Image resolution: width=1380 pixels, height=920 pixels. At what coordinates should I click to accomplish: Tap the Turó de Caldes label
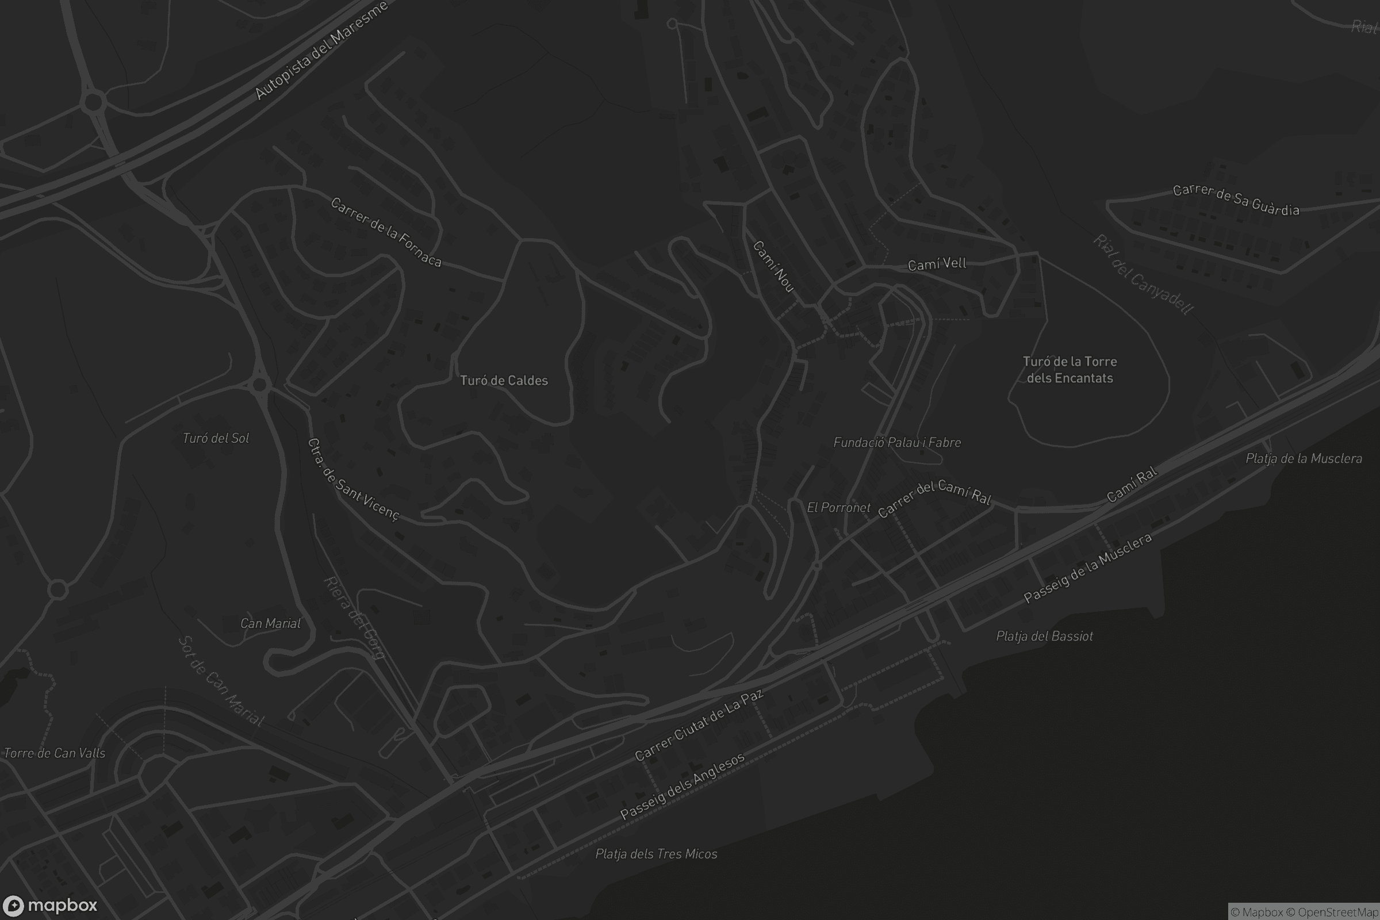pyautogui.click(x=504, y=381)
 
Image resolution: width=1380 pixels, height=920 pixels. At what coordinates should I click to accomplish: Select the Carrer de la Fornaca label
pyautogui.click(x=385, y=232)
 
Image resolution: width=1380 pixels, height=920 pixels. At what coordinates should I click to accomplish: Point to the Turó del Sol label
pyautogui.click(x=216, y=438)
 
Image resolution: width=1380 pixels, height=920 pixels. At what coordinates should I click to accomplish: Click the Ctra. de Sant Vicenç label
pyautogui.click(x=353, y=480)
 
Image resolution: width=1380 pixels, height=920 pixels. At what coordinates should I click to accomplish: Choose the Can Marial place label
pyautogui.click(x=270, y=623)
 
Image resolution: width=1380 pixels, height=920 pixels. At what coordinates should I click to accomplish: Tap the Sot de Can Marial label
pyautogui.click(x=221, y=681)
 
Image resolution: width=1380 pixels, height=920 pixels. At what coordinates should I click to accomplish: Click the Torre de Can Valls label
pyautogui.click(x=55, y=753)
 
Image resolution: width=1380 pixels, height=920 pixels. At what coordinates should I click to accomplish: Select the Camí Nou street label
pyautogui.click(x=773, y=266)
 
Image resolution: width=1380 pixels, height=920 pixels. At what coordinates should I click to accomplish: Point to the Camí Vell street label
pyautogui.click(x=937, y=264)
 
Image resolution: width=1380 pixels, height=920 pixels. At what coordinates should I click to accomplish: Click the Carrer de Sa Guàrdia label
pyautogui.click(x=1236, y=200)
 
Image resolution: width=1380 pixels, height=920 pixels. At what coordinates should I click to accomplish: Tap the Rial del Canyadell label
pyautogui.click(x=1143, y=275)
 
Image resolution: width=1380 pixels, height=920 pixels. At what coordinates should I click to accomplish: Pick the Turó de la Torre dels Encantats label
pyautogui.click(x=1069, y=370)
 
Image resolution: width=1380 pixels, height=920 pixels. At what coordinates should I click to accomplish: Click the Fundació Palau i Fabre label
pyautogui.click(x=897, y=442)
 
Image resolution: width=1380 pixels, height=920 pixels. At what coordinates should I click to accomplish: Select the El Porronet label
pyautogui.click(x=838, y=508)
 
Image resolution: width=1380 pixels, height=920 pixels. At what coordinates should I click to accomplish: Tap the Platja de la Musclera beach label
pyautogui.click(x=1304, y=458)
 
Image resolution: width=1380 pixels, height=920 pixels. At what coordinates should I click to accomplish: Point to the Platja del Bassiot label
pyautogui.click(x=1044, y=636)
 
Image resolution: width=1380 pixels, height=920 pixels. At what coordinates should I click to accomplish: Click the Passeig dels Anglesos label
pyautogui.click(x=683, y=786)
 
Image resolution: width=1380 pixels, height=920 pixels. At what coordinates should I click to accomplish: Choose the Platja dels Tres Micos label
pyautogui.click(x=656, y=854)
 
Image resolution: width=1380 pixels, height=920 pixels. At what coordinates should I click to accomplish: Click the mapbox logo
pyautogui.click(x=49, y=905)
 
